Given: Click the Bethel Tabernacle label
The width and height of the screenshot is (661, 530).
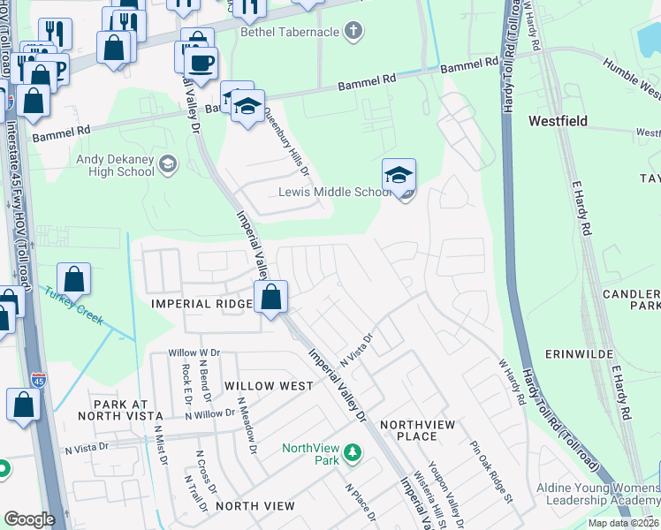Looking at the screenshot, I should (x=289, y=32).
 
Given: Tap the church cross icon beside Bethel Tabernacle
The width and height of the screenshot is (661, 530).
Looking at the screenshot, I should (x=353, y=32).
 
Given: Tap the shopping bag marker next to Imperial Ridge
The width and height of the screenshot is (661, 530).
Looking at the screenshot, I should (x=272, y=299).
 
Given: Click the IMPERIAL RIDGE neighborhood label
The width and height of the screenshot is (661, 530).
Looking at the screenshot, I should (x=201, y=303).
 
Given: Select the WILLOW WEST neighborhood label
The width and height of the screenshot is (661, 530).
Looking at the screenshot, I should (x=269, y=386).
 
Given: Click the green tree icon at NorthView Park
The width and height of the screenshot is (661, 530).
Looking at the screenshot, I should (x=353, y=453).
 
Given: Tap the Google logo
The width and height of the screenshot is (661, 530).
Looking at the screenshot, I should (x=29, y=519).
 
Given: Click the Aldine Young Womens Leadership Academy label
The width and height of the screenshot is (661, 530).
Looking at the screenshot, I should (x=598, y=494).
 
